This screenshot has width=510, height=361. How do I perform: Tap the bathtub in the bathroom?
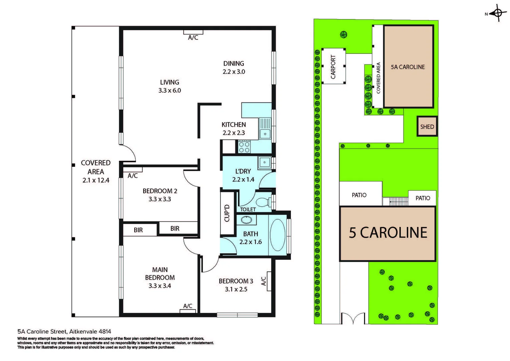click(x=277, y=235)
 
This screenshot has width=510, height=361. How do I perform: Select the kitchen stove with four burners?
click(x=244, y=147)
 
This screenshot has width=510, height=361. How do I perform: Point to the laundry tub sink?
click(x=265, y=163)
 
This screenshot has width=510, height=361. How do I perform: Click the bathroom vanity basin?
click(x=246, y=220)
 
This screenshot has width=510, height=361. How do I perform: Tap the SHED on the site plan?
click(x=427, y=127)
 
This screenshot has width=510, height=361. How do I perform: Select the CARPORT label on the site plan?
click(x=333, y=67)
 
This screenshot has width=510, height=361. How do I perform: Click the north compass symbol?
click(x=497, y=13)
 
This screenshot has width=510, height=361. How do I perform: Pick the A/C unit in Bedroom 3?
click(x=269, y=281)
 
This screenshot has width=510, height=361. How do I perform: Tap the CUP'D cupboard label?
click(x=227, y=213)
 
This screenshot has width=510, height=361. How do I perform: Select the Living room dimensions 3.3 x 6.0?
click(x=170, y=90)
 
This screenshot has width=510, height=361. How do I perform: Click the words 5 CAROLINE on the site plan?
click(x=388, y=233)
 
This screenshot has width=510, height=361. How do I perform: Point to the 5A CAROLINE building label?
click(x=408, y=67)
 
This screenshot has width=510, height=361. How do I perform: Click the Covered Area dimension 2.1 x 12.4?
click(x=96, y=180)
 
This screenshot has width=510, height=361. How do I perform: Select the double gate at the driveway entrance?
click(x=353, y=318)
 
